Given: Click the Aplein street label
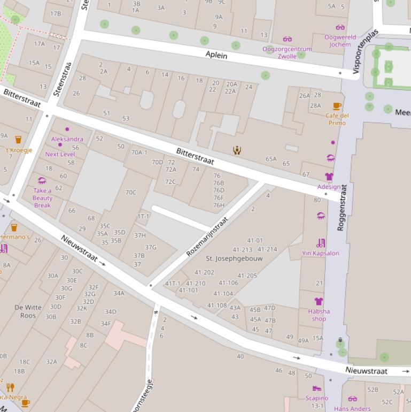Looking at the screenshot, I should pyautogui.click(x=216, y=55).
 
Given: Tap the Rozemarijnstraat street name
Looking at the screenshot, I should pyautogui.click(x=207, y=236).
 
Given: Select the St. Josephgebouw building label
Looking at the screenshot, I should pyautogui.click(x=234, y=258).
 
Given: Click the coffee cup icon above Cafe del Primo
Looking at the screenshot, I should pyautogui.click(x=337, y=106).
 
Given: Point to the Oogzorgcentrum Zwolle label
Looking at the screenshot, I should pyautogui.click(x=286, y=52).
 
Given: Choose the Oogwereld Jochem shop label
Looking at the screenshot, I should pyautogui.click(x=340, y=41).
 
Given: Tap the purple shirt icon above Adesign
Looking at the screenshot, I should pyautogui.click(x=329, y=177).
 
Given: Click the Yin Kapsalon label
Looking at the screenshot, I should pyautogui.click(x=320, y=253).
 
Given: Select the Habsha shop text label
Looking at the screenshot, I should pyautogui.click(x=319, y=315).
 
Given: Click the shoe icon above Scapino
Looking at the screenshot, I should pyautogui.click(x=317, y=388).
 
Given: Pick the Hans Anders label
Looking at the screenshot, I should pyautogui.click(x=352, y=409).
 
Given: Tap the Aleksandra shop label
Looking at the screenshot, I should pyautogui.click(x=67, y=139).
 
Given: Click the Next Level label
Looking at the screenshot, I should pyautogui.click(x=60, y=154).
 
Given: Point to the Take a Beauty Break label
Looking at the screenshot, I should pyautogui.click(x=42, y=198).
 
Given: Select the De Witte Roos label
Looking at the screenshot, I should pyautogui.click(x=28, y=311).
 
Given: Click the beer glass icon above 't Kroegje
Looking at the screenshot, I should pyautogui.click(x=18, y=140).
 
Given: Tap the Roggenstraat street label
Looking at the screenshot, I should pyautogui.click(x=342, y=208).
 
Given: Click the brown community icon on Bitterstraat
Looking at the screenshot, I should pyautogui.click(x=237, y=150).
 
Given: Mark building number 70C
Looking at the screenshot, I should pyautogui.click(x=130, y=193).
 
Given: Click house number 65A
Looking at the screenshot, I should pyautogui.click(x=271, y=159).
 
